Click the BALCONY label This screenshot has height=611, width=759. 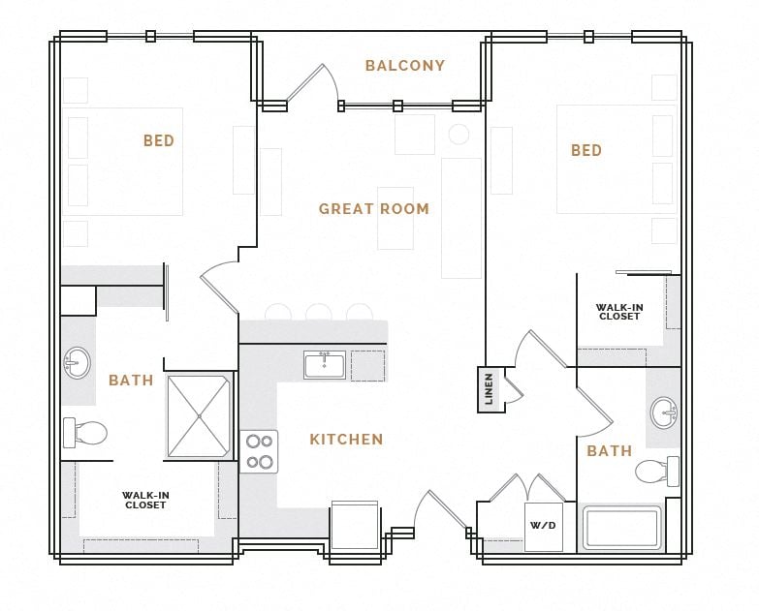(405, 66)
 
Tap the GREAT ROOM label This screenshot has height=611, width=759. (374, 208)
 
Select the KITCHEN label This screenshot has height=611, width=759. (346, 440)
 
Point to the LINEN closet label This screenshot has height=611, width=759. (490, 388)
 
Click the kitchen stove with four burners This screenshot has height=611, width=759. (259, 451)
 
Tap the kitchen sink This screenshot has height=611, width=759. (324, 365)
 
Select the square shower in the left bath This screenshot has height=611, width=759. (199, 416)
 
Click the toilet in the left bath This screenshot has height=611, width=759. (84, 432)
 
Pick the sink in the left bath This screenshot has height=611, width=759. (77, 363)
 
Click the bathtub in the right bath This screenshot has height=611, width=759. (621, 529)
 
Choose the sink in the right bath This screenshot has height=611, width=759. (665, 412)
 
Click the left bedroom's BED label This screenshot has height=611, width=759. (159, 141)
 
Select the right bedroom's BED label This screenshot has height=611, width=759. (586, 151)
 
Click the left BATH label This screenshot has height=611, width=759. (131, 381)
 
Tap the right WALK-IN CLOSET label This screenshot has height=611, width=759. (619, 312)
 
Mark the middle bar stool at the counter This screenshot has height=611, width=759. (318, 313)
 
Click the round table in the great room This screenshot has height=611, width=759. (459, 135)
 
